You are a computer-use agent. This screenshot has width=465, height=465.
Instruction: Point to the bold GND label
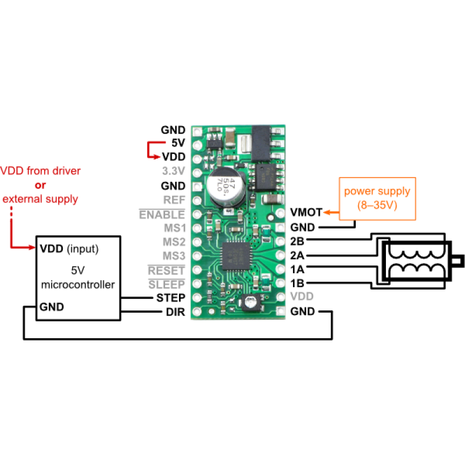(52, 306)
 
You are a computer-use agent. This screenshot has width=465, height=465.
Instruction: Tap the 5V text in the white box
(77, 270)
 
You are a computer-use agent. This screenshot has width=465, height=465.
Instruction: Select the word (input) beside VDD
(83, 249)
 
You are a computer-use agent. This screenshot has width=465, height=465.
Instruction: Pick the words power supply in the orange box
(377, 191)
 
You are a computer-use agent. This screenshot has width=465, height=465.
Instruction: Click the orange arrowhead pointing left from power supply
(327, 213)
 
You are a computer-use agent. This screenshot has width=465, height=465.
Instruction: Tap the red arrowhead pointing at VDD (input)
(33, 248)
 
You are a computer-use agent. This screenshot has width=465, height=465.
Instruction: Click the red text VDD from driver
(41, 171)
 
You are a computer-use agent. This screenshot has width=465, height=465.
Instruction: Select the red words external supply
(41, 199)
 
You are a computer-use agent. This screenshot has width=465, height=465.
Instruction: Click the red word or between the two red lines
(40, 185)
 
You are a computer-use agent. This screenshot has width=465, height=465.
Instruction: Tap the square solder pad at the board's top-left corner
(197, 131)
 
